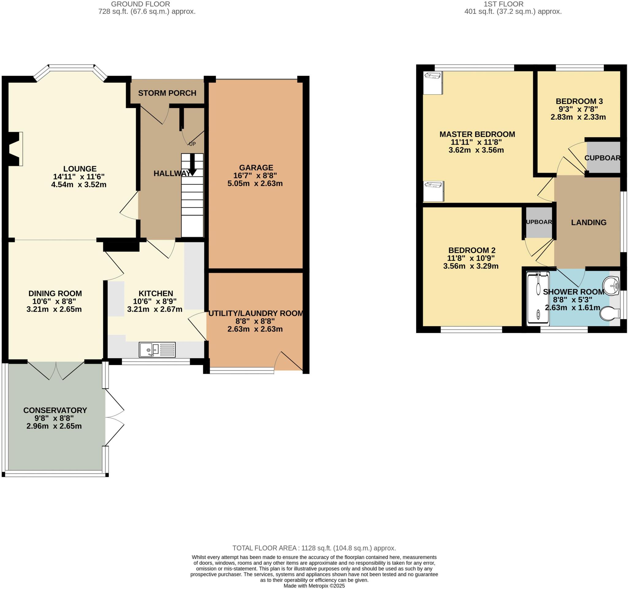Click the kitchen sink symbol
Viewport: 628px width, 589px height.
pyautogui.click(x=157, y=349)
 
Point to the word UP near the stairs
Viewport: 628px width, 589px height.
pyautogui.click(x=192, y=144)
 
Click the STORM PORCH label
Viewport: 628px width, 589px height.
pyautogui.click(x=167, y=93)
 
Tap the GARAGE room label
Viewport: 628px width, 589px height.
pyautogui.click(x=256, y=168)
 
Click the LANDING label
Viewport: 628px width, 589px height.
pyautogui.click(x=588, y=222)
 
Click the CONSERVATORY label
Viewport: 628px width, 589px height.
pyautogui.click(x=55, y=410)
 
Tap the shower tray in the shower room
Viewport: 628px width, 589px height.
pyautogui.click(x=538, y=299)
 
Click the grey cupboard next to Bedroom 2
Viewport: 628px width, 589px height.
pyautogui.click(x=539, y=222)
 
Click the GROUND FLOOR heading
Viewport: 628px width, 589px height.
pyautogui.click(x=140, y=4)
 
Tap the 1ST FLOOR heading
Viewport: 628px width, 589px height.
pyautogui.click(x=512, y=4)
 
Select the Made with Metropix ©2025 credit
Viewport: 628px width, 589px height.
pyautogui.click(x=314, y=586)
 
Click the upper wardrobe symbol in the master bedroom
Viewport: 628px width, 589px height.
pyautogui.click(x=433, y=83)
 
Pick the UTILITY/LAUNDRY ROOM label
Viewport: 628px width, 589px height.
pyautogui.click(x=255, y=313)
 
